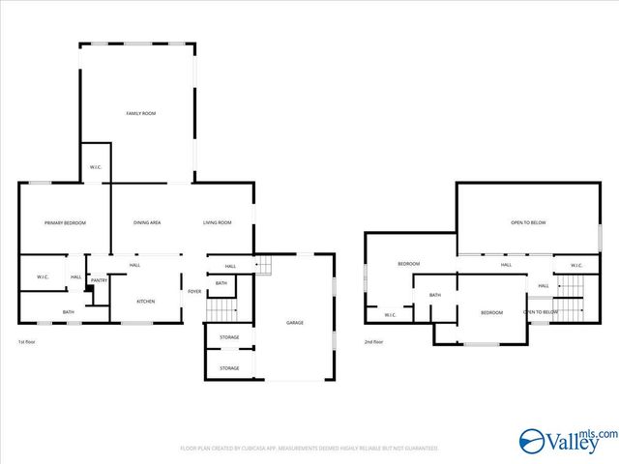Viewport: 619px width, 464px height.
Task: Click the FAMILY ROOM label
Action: (x=141, y=113)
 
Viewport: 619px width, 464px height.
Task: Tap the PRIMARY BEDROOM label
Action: (x=65, y=223)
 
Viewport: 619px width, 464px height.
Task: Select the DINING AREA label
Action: (x=147, y=223)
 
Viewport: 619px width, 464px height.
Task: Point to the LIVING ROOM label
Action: (x=217, y=223)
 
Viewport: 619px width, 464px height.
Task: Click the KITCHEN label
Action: (x=145, y=302)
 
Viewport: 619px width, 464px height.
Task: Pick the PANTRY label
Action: (x=99, y=280)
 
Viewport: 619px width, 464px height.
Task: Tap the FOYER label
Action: (x=194, y=291)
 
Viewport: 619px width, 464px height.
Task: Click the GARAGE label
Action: (x=295, y=323)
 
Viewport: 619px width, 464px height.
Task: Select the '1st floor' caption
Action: (x=27, y=342)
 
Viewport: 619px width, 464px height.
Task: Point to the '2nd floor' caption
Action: (x=374, y=342)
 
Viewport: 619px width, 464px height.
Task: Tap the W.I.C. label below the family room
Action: (x=96, y=167)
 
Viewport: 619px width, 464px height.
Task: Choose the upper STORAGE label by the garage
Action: (x=229, y=337)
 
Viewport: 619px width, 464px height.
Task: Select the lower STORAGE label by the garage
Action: (x=229, y=368)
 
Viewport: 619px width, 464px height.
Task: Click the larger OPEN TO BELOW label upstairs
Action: (x=528, y=223)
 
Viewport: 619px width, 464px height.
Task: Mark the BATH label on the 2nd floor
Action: (x=435, y=295)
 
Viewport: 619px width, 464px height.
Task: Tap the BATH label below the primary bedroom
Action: (x=69, y=312)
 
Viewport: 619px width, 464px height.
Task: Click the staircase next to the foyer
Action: (x=223, y=309)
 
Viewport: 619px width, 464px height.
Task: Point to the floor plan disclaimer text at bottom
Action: (x=309, y=449)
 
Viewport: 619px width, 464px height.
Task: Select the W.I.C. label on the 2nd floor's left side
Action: (x=390, y=315)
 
